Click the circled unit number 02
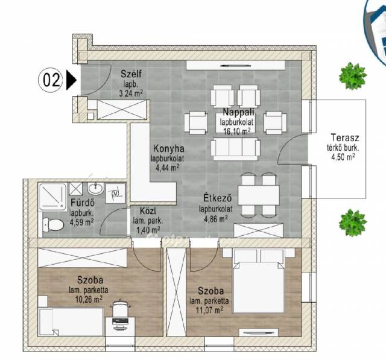(51, 80)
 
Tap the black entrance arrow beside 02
(71, 80)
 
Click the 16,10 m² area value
(237, 131)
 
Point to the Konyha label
(169, 148)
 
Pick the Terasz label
(345, 137)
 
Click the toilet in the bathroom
(53, 224)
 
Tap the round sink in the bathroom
(95, 189)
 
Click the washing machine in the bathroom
(115, 193)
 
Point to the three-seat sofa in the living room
(235, 149)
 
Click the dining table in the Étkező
(259, 195)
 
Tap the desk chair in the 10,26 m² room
(121, 308)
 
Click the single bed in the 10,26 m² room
(71, 322)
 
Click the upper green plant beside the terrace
(352, 76)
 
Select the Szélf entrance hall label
(131, 74)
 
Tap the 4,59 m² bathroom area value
(81, 223)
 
